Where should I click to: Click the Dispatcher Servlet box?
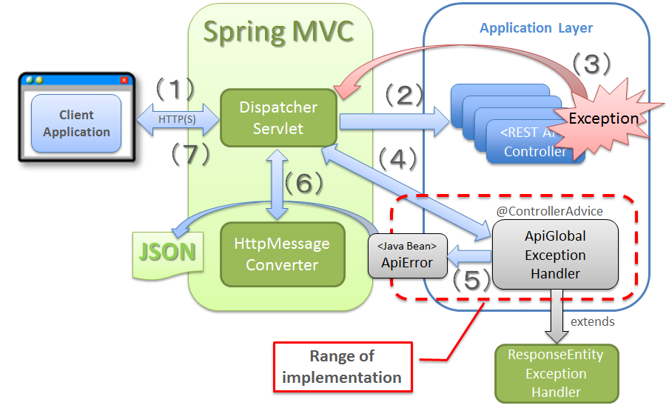point(278,118)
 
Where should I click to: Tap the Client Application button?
point(76,124)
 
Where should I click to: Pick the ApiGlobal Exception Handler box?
point(555,255)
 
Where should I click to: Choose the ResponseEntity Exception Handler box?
point(555,373)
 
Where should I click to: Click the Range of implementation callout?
point(342,367)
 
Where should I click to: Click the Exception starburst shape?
point(603,118)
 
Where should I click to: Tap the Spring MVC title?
point(278,33)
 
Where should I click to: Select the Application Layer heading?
point(536,28)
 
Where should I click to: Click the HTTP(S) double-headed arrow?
point(177,117)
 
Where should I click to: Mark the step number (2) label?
point(403,95)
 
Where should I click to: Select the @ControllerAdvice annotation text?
point(549,211)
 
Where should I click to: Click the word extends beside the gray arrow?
point(593,322)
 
